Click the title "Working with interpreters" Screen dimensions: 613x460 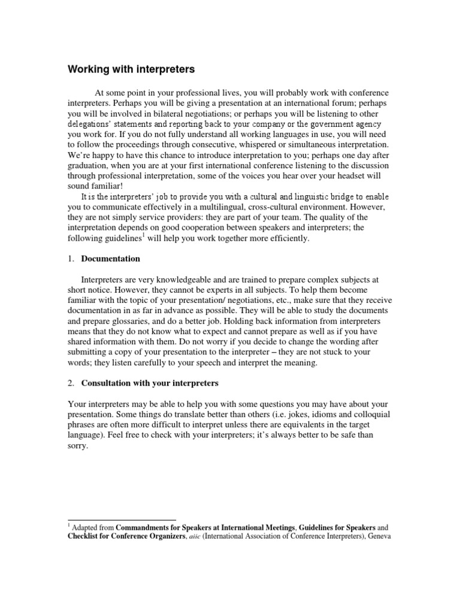[131, 69]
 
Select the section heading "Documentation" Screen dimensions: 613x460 [111, 259]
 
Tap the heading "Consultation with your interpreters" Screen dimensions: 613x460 [150, 382]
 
